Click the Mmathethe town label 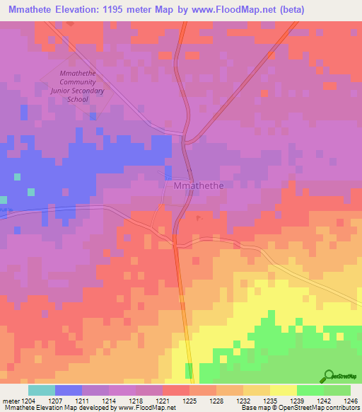[x=199, y=186]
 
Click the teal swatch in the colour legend [x=42, y=390]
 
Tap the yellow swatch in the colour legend [x=283, y=390]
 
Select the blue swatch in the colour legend [x=69, y=390]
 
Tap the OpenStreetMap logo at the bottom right [x=341, y=377]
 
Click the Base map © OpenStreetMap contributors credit [x=299, y=408]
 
